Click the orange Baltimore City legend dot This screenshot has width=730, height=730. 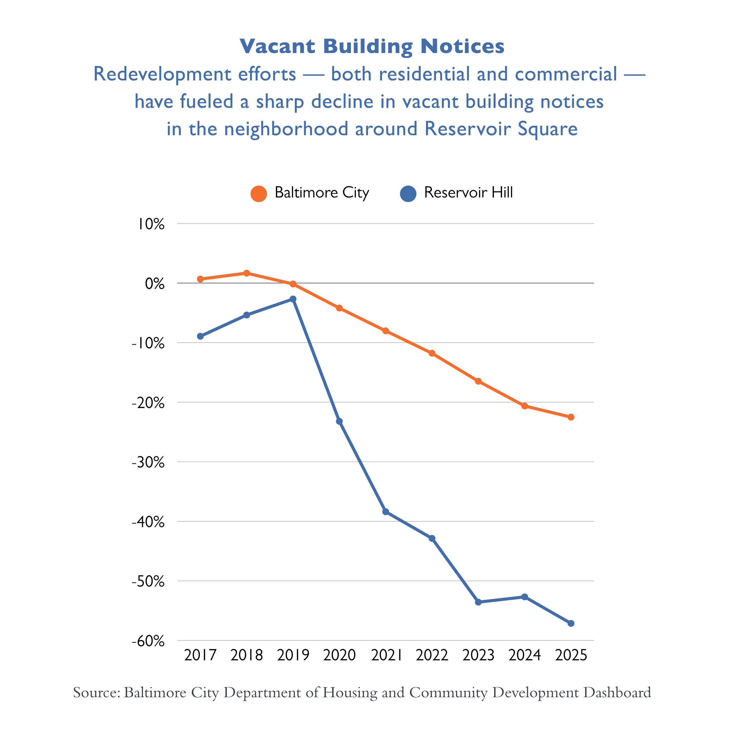259,194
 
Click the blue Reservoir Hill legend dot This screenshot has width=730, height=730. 408,194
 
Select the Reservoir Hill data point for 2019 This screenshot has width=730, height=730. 293,299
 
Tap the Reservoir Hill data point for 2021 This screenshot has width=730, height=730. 385,512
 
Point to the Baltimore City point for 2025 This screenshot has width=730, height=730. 571,417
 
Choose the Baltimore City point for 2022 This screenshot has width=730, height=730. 432,353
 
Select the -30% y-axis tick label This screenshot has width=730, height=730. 148,463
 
